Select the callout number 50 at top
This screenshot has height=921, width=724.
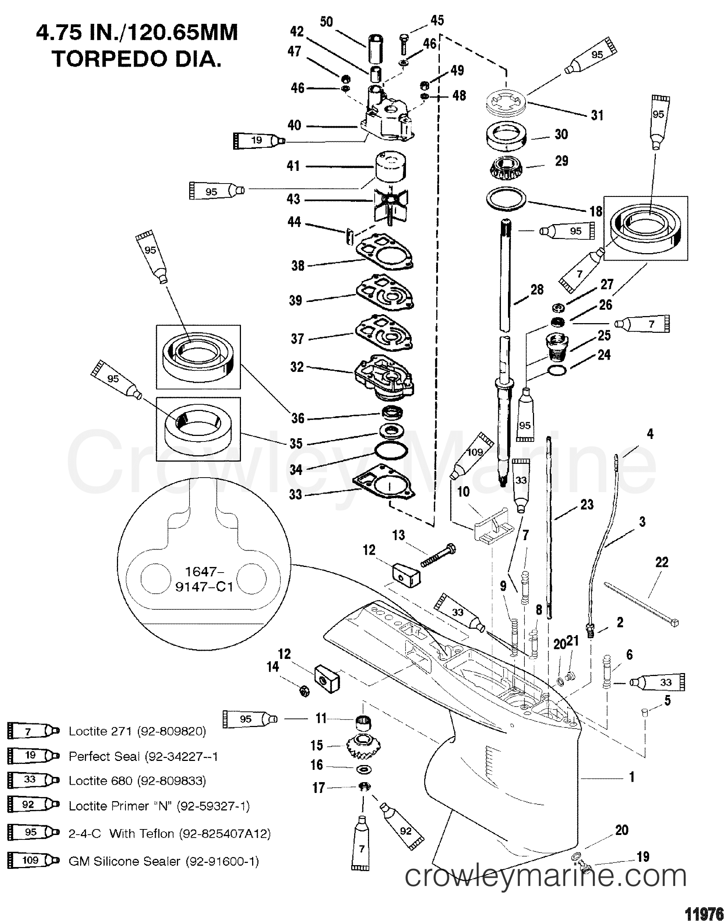[x=326, y=22]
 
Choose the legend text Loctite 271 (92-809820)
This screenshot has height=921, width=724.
[x=137, y=731]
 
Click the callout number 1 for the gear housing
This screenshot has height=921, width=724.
[x=631, y=777]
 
